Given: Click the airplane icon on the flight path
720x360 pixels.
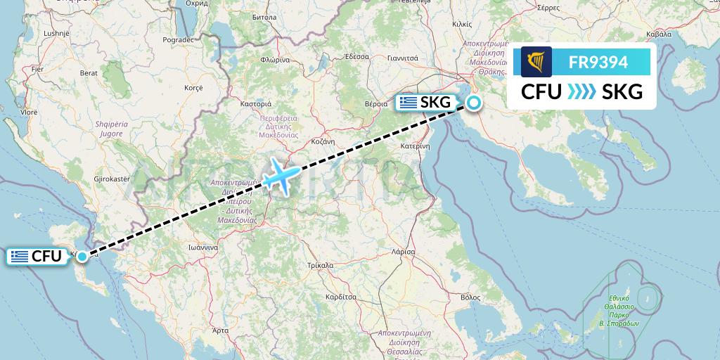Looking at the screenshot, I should tap(281, 174).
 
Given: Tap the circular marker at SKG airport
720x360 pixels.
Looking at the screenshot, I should tap(474, 103).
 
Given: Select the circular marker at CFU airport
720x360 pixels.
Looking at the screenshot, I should tap(83, 257).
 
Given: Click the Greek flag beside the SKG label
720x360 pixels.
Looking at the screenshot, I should tap(407, 103).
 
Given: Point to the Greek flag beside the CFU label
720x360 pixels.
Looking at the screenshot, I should tap(20, 257).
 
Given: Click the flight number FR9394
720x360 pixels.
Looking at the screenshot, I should tap(598, 63).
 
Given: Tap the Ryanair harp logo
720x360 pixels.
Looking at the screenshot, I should tap(536, 62).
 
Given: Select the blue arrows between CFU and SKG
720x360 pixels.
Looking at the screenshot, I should tap(581, 91).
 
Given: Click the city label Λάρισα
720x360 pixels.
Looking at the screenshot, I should tap(404, 251).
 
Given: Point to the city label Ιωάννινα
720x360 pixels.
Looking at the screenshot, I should tap(200, 247).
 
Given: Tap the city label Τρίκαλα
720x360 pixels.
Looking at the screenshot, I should tap(320, 266).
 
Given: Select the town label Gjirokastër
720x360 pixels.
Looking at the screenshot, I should tap(112, 179).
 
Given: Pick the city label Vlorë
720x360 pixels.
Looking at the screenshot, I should tap(29, 112).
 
